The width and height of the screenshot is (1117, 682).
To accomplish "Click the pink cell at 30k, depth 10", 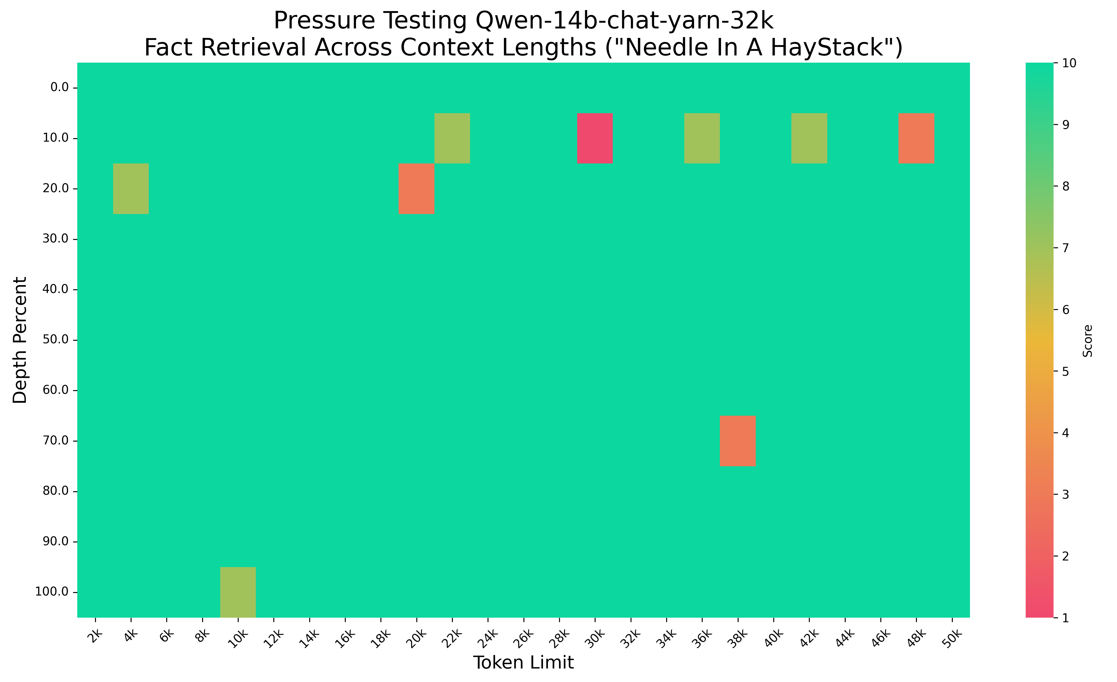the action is coord(595,138).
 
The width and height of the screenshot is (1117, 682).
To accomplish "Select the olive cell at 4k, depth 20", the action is coord(131,189).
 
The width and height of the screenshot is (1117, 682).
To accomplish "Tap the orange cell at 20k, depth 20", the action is coord(417,189).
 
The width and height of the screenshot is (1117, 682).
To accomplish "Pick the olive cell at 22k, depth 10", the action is coord(452,138).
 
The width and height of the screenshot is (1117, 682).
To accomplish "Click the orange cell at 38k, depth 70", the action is coord(738,441).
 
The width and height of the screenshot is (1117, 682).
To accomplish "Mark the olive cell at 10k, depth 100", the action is coord(238,592).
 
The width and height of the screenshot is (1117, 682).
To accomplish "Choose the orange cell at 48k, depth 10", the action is coord(916,138).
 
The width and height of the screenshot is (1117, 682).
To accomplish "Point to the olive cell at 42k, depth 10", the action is coord(809,138).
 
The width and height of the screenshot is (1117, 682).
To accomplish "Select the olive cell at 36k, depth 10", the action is coord(702,138).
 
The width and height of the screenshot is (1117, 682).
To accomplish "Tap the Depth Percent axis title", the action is coord(20,340).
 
